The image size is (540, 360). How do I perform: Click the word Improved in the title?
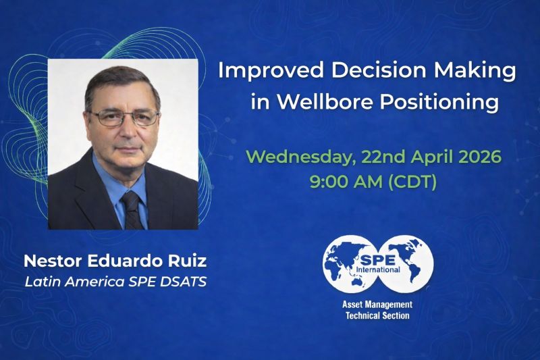271,71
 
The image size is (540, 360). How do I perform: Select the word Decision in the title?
378,70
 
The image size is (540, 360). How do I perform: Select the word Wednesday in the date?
301,158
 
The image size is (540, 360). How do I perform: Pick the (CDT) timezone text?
412,182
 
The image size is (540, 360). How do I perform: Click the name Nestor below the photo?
53,261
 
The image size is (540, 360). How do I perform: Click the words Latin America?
74,282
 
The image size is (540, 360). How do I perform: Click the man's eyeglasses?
124,118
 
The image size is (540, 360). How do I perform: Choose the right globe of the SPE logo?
406,263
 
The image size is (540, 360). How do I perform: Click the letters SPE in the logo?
377,259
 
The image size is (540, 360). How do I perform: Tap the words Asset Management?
377,305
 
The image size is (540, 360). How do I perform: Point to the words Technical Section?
377,315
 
